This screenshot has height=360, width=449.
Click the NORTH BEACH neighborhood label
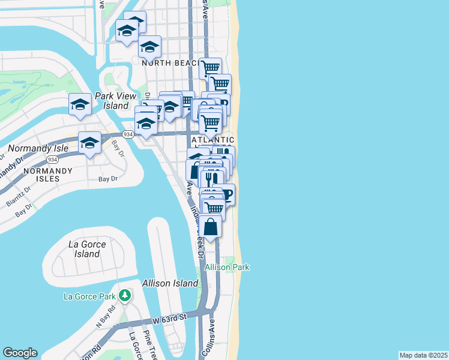click(165, 62)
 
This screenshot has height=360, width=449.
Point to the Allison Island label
click(170, 283)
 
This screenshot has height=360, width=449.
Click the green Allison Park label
click(227, 267)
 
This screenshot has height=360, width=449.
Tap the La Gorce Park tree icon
click(125, 295)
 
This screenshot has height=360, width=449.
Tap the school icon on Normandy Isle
click(89, 143)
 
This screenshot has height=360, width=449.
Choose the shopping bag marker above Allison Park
click(210, 226)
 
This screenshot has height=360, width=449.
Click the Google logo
click(20, 353)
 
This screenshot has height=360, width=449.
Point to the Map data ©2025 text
click(423, 355)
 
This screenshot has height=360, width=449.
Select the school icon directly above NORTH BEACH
click(149, 46)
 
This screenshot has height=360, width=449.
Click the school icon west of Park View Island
click(80, 104)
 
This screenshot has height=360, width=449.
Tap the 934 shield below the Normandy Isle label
click(53, 160)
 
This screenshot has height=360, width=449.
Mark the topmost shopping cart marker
click(210, 67)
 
